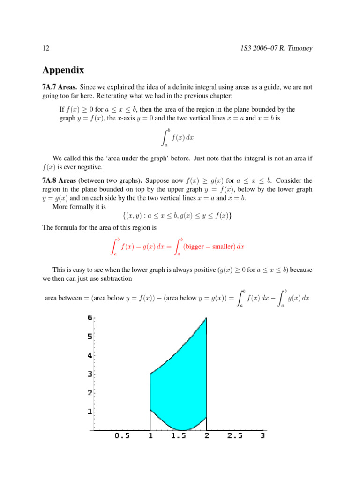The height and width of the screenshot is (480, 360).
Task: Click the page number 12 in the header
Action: [x=45, y=49]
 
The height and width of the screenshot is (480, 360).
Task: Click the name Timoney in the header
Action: [x=297, y=49]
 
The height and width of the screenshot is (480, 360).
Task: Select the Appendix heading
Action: [x=63, y=70]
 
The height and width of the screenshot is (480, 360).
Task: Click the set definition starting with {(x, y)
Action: [x=176, y=216]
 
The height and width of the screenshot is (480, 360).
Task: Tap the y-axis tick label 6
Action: [x=89, y=317]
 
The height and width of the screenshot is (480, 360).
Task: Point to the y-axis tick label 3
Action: [x=89, y=374]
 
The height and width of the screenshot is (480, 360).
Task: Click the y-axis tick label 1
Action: [x=89, y=412]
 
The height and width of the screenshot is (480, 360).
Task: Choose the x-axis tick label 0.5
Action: [x=122, y=436]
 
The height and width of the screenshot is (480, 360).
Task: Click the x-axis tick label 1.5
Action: [x=178, y=436]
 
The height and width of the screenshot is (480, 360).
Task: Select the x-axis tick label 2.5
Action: [x=234, y=436]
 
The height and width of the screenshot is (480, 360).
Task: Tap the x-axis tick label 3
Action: [x=262, y=436]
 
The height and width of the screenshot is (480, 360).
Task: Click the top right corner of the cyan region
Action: [x=206, y=318]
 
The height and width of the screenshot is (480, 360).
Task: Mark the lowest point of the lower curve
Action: [x=180, y=429]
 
